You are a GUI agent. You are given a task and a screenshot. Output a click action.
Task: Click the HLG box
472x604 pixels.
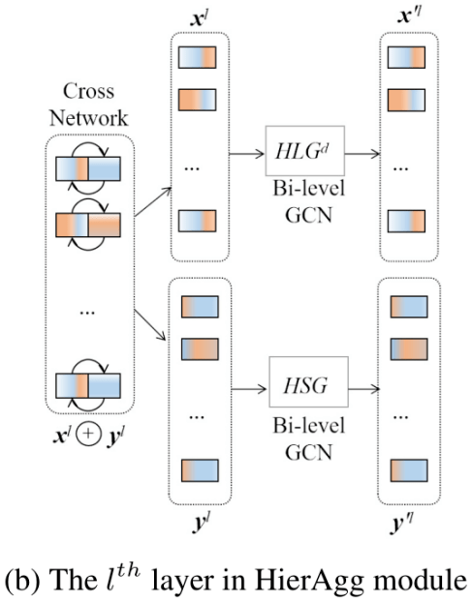304,151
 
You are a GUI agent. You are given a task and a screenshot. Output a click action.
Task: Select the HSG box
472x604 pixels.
308,381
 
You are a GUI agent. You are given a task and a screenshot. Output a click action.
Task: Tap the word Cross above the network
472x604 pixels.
89,91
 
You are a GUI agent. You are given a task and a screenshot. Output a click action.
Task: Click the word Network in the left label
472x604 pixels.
89,118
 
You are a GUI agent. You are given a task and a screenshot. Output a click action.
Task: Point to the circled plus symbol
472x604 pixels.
88,434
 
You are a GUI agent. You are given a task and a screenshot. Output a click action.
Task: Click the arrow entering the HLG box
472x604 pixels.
247,154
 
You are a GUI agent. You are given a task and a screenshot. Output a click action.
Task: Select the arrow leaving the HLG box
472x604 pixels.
362,154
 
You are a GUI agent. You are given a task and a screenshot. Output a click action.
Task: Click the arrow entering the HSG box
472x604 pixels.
249,389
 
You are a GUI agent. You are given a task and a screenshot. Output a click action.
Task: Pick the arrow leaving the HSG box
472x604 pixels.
364,389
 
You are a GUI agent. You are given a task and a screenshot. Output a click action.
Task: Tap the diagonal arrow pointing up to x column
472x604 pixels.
153,202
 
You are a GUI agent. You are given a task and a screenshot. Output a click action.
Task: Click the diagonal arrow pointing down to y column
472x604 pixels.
150,324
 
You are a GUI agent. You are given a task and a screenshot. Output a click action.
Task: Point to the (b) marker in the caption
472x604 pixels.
22,580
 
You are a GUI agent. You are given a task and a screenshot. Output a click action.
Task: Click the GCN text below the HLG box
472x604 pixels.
308,215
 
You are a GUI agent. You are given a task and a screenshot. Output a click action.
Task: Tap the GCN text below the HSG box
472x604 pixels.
308,452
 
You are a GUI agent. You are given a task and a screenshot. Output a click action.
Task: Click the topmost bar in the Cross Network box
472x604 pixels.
88,168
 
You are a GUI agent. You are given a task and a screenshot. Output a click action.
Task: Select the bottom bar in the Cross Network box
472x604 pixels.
88,385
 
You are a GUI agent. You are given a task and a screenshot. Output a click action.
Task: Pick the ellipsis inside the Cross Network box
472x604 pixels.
87,313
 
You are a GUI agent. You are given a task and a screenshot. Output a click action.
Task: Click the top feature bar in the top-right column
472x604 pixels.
406,57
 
